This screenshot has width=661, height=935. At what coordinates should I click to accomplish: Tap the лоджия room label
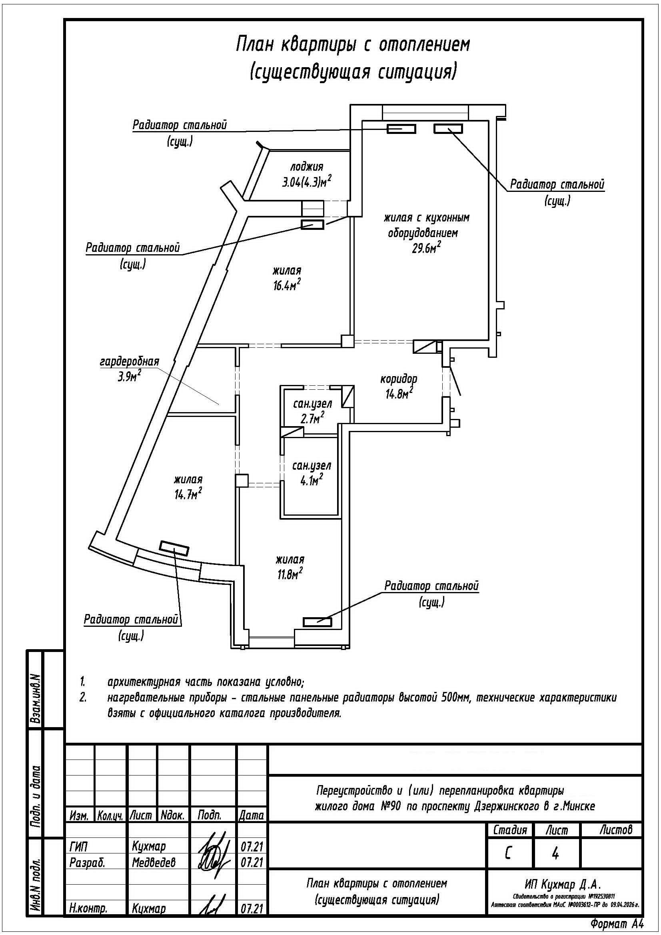(307, 167)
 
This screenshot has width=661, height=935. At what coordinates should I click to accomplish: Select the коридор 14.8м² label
(399, 387)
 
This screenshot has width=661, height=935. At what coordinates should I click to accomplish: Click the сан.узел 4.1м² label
(312, 473)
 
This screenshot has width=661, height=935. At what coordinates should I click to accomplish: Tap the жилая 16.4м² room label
(287, 278)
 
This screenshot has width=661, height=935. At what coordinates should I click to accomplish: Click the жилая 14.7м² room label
(188, 487)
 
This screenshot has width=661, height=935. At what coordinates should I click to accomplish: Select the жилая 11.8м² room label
(290, 567)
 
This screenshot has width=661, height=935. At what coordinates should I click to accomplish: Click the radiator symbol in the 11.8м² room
(317, 622)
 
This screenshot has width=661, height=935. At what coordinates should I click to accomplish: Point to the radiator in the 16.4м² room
(312, 224)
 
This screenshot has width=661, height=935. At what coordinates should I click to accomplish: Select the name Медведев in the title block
(154, 862)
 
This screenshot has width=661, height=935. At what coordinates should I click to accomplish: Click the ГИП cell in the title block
(79, 847)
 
